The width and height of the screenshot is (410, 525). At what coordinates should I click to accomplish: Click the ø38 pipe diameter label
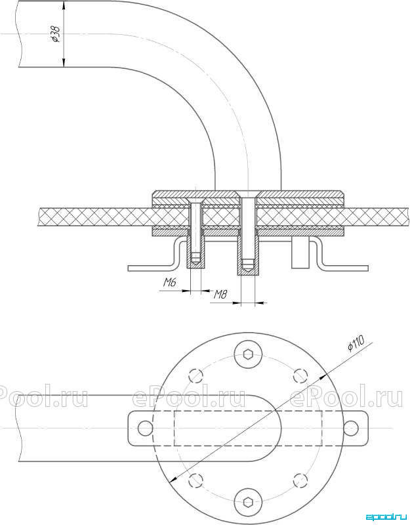[x=56, y=34]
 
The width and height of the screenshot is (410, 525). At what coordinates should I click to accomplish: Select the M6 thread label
[x=170, y=283]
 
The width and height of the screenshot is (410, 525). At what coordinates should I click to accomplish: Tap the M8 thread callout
[x=220, y=295]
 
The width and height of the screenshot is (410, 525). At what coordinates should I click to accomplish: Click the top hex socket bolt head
[x=248, y=354]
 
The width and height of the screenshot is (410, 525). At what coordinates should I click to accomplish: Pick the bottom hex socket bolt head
[x=248, y=502]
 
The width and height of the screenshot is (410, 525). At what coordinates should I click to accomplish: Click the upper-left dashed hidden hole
[x=196, y=375]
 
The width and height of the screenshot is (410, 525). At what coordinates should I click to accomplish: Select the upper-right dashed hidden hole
[x=300, y=375]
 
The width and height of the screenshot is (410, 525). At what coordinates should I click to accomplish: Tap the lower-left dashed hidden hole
[x=196, y=480]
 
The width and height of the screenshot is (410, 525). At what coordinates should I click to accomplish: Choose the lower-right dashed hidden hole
[x=300, y=480]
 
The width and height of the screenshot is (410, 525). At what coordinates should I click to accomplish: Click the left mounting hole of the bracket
[x=145, y=429]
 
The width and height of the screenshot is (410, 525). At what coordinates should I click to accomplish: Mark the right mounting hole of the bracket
[x=351, y=429]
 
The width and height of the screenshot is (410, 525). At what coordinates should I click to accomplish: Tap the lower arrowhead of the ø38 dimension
[x=64, y=63]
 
